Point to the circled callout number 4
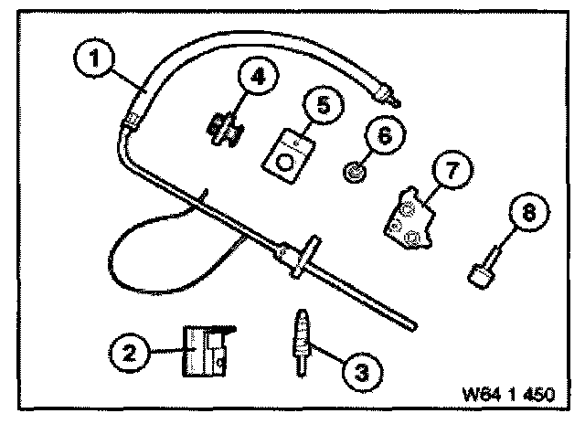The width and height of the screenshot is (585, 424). pyautogui.click(x=258, y=79)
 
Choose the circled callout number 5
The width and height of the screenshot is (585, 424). pyautogui.click(x=324, y=105)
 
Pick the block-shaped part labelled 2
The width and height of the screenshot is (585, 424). pyautogui.click(x=205, y=352)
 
